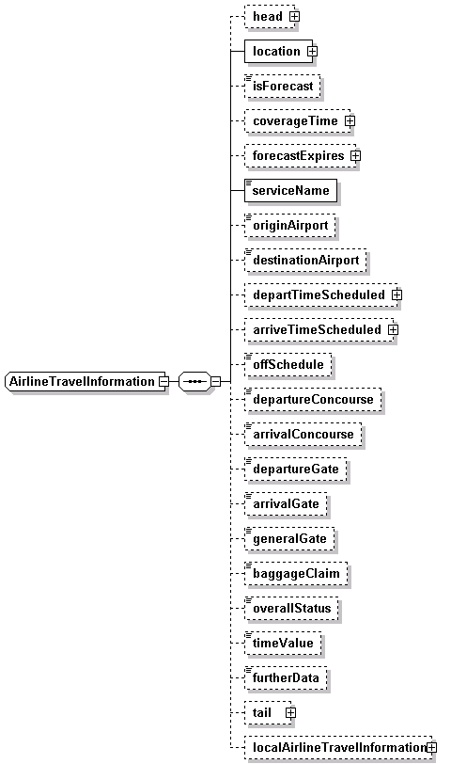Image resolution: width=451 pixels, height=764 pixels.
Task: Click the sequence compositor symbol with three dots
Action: pyautogui.click(x=194, y=381)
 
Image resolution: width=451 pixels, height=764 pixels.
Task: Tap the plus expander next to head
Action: pyautogui.click(x=294, y=17)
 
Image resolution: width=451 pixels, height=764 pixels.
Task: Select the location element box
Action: pyautogui.click(x=278, y=51)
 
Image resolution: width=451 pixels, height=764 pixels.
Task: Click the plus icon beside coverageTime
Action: pyautogui.click(x=350, y=120)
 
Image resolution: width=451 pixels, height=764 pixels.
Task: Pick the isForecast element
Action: pyautogui.click(x=282, y=87)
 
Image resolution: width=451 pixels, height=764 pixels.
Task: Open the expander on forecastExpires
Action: pyautogui.click(x=356, y=156)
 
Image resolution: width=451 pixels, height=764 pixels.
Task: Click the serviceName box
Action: pyautogui.click(x=290, y=190)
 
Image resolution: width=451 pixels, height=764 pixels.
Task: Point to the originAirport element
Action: pyautogui.click(x=290, y=226)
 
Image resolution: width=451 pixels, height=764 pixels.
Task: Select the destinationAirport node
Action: pyautogui.click(x=305, y=261)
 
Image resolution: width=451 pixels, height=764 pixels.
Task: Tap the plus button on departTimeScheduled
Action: pyautogui.click(x=397, y=294)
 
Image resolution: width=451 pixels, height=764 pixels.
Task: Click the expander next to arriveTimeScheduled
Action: pyautogui.click(x=393, y=330)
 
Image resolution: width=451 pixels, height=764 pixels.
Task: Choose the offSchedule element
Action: pyautogui.click(x=288, y=364)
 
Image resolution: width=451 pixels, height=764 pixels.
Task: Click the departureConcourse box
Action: pyautogui.click(x=313, y=400)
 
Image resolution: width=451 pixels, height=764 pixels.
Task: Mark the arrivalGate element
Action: pyautogui.click(x=286, y=503)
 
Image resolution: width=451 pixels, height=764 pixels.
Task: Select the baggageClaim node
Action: pyautogui.click(x=296, y=574)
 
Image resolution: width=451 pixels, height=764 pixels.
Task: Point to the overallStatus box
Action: pyautogui.click(x=291, y=608)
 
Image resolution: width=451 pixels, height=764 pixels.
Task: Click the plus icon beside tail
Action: pyautogui.click(x=290, y=713)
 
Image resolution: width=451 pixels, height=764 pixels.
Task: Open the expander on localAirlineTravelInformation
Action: pyautogui.click(x=431, y=747)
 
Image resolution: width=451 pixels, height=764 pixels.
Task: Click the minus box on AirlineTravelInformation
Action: pyautogui.click(x=164, y=381)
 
